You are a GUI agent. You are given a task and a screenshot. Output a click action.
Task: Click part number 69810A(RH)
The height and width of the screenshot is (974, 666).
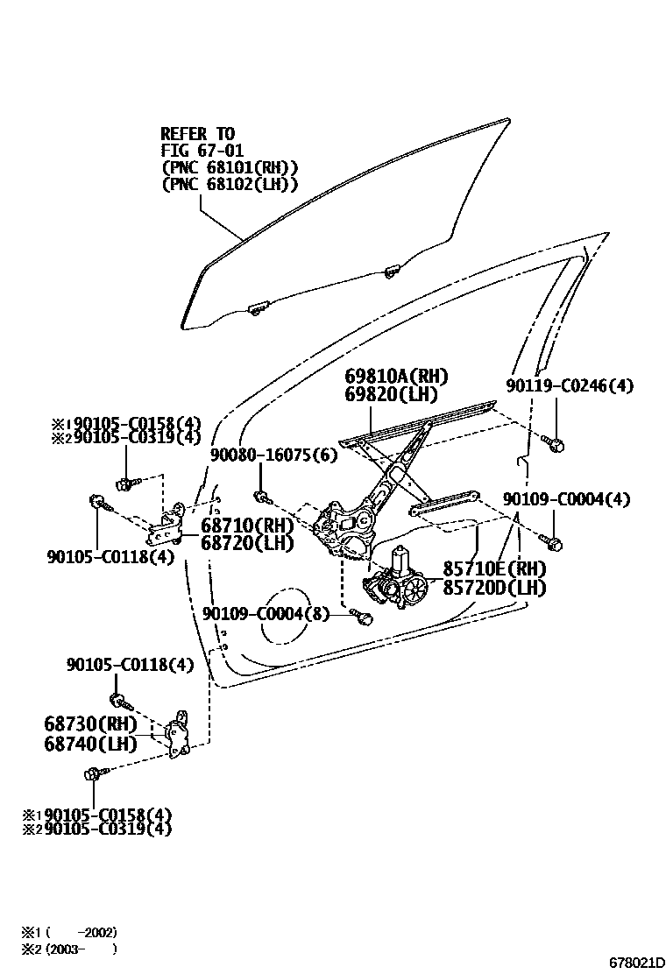click(396, 377)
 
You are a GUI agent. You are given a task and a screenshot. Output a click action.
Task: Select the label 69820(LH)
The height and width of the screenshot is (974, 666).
click(391, 394)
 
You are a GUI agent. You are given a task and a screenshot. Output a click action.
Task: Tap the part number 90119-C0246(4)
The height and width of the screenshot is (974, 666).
click(570, 385)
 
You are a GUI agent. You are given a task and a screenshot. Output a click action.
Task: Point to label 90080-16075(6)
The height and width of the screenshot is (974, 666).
click(273, 455)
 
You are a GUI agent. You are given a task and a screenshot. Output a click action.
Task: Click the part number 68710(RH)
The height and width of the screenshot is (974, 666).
click(246, 526)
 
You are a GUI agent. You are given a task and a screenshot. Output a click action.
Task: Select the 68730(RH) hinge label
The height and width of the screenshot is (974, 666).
click(90, 724)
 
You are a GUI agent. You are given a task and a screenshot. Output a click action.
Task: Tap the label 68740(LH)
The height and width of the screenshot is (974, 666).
click(90, 745)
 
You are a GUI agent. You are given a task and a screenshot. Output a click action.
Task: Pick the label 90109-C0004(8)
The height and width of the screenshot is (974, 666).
click(266, 614)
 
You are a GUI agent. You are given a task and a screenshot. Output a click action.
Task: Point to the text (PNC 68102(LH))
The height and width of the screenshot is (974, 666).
click(230, 184)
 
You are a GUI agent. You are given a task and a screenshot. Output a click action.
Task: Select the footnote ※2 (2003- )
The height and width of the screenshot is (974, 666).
click(69, 948)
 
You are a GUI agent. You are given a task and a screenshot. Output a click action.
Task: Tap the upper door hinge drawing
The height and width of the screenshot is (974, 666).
click(169, 527)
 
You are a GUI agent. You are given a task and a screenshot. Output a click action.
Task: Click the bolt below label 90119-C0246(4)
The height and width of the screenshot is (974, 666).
click(554, 444)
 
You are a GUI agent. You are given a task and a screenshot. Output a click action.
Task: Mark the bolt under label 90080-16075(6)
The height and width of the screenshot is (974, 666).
click(262, 498)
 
